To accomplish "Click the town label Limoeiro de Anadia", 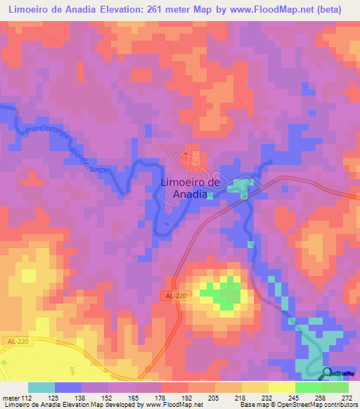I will click(x=186, y=188).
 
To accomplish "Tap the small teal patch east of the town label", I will click(x=242, y=187).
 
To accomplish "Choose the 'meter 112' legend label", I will click(x=16, y=397).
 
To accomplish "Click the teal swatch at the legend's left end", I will click(x=41, y=387).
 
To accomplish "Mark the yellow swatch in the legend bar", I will click(x=255, y=387).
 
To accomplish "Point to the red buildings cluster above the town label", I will click(x=188, y=159).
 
